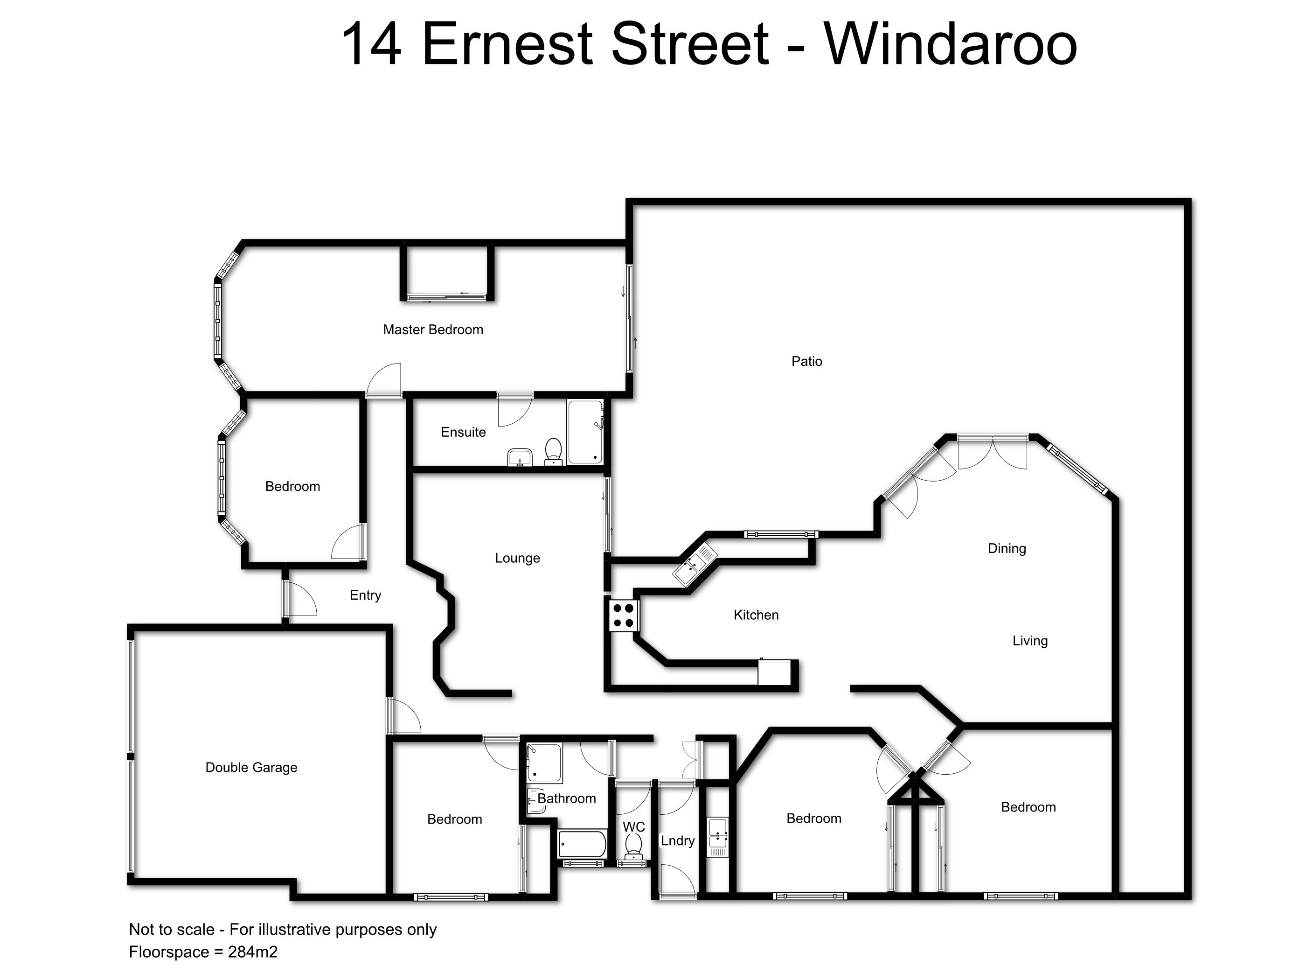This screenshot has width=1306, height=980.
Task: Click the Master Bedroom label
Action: (x=433, y=329)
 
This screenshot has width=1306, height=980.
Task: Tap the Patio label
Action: (x=806, y=361)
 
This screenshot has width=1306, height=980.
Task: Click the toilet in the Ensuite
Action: (x=553, y=452)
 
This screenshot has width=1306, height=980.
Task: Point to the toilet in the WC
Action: (x=634, y=847)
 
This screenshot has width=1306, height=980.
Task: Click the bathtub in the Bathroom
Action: (x=582, y=845)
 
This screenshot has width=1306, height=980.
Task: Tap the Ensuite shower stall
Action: (x=585, y=432)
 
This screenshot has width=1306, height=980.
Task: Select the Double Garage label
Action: (x=251, y=767)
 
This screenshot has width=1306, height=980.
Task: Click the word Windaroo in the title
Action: (x=951, y=44)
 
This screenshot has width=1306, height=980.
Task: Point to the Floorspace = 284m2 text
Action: (x=203, y=952)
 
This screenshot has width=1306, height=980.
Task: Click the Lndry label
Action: (x=678, y=840)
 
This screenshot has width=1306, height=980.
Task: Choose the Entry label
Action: (x=366, y=595)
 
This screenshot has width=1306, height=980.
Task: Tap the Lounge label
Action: (x=517, y=558)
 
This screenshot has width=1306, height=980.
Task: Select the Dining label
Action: (x=1007, y=549)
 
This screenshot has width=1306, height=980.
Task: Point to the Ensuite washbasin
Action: (x=520, y=457)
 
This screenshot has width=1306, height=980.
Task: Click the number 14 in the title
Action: (x=371, y=44)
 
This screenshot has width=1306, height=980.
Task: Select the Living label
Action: (x=1030, y=641)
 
